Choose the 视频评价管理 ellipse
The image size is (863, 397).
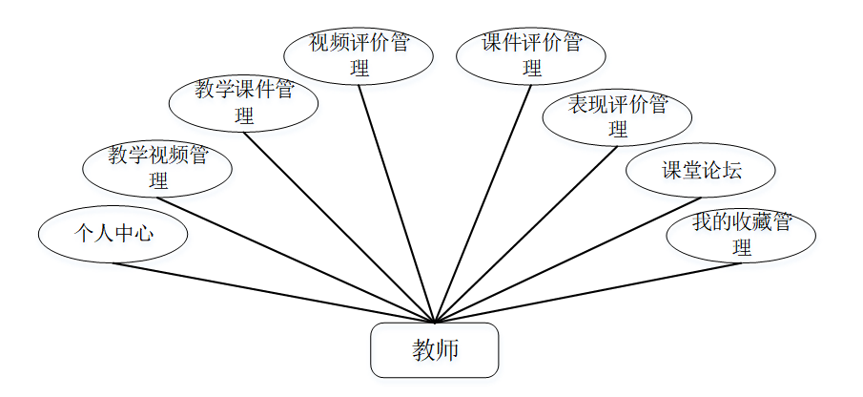click(359, 55)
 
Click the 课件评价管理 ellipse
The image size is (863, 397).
click(531, 55)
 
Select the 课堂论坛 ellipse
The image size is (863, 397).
click(701, 172)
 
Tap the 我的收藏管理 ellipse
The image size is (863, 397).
click(741, 235)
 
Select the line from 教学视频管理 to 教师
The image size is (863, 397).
click(296, 260)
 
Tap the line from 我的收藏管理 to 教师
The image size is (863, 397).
click(587, 293)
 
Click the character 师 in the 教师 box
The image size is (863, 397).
click(447, 350)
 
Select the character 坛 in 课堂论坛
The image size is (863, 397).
click(731, 172)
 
